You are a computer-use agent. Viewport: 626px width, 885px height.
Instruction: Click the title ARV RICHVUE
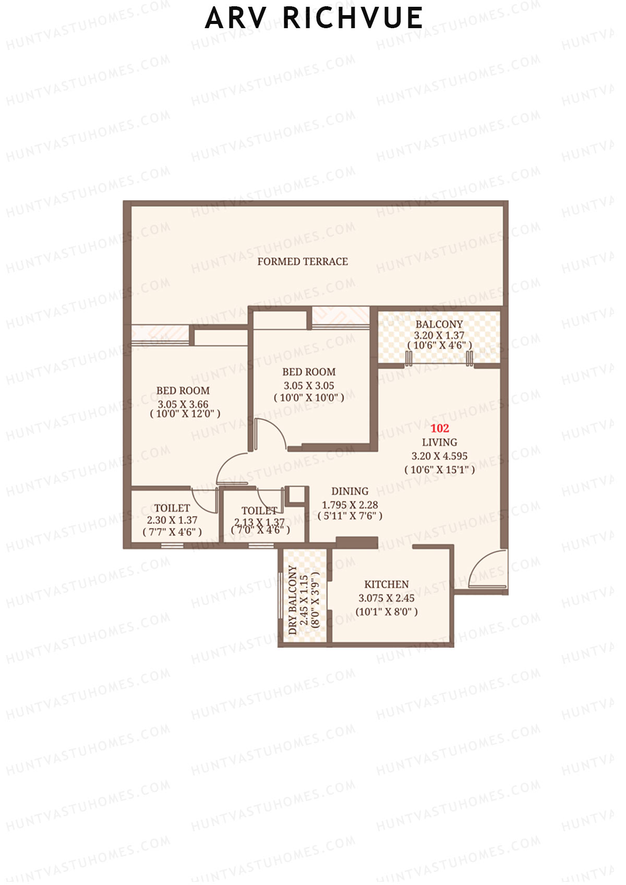(x=314, y=18)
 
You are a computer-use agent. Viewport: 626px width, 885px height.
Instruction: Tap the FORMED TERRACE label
(x=303, y=262)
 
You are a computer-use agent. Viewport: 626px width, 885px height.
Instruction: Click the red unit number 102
(x=440, y=428)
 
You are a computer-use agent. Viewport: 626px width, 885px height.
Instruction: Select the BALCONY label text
(x=439, y=324)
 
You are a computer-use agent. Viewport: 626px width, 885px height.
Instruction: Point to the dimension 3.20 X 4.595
(x=439, y=456)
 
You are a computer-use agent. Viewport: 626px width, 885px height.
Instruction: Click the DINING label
(x=350, y=491)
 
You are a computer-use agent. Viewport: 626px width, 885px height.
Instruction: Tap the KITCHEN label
(x=386, y=585)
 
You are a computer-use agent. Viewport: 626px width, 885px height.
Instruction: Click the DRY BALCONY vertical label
(x=293, y=600)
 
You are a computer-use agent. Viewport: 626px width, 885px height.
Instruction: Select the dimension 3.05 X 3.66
(x=183, y=404)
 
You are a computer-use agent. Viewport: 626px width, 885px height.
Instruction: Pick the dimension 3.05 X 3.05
(x=309, y=386)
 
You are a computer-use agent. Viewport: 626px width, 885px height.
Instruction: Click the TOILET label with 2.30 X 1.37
(x=172, y=508)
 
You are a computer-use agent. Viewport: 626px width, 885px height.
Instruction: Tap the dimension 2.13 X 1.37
(x=259, y=522)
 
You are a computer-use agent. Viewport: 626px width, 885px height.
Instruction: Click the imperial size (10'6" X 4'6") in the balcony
(x=439, y=345)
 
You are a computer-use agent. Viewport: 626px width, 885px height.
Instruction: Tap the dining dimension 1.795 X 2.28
(x=350, y=505)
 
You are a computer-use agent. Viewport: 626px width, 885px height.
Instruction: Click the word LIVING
(x=439, y=442)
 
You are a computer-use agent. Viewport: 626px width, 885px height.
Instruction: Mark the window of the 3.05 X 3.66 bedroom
(x=160, y=335)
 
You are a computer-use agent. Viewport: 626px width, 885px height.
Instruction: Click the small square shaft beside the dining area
(x=296, y=494)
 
